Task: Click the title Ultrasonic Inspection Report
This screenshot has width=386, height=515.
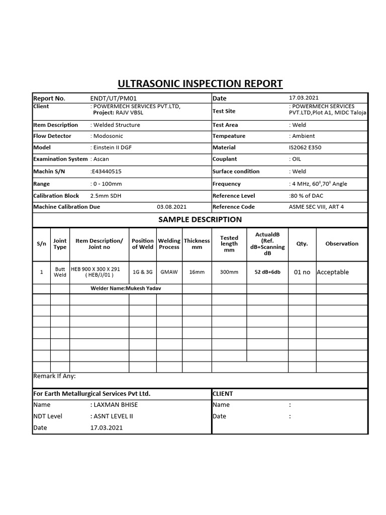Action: click(x=200, y=83)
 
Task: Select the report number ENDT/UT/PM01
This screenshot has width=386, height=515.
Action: click(x=113, y=98)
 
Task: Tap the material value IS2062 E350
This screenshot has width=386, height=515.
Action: click(x=305, y=147)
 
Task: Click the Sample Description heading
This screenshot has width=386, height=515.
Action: click(x=200, y=219)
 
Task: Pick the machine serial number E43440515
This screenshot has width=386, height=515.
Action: click(x=106, y=171)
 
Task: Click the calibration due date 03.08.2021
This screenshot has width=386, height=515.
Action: click(x=171, y=207)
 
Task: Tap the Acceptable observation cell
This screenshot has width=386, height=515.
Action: click(x=333, y=272)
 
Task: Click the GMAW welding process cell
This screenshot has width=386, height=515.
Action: click(x=169, y=272)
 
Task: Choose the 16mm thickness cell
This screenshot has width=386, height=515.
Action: click(x=197, y=272)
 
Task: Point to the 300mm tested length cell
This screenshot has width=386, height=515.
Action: click(x=229, y=272)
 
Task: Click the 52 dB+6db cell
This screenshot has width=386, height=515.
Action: click(x=267, y=272)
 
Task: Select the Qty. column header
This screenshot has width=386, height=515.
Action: click(x=302, y=243)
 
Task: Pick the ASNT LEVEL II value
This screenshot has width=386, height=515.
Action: click(x=113, y=416)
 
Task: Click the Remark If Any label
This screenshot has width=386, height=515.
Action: click(x=54, y=376)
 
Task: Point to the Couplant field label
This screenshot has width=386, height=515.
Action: click(x=225, y=159)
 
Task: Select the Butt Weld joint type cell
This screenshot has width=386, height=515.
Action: click(x=60, y=272)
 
